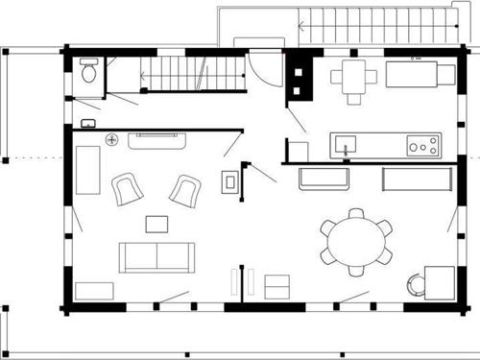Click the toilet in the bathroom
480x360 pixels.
88,71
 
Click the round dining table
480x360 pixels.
356,241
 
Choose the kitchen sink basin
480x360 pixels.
345,145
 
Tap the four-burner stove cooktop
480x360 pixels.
422,146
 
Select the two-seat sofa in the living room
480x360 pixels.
156,256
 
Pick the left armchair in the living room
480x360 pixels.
127,188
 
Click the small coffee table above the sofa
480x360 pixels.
156,224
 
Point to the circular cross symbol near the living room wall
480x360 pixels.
111,139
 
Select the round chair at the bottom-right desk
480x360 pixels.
415,284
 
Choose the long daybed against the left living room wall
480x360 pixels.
88,169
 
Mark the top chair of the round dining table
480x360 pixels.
356,213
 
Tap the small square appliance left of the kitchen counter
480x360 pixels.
299,151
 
